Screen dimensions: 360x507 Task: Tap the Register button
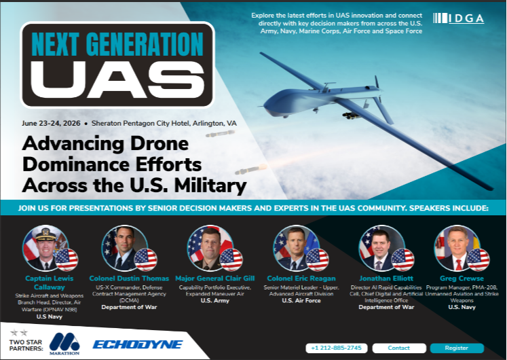click(456, 348)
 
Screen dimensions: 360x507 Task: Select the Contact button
click(398, 348)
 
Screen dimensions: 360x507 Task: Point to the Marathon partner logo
click(64, 342)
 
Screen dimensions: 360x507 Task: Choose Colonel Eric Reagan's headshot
click(291, 247)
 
